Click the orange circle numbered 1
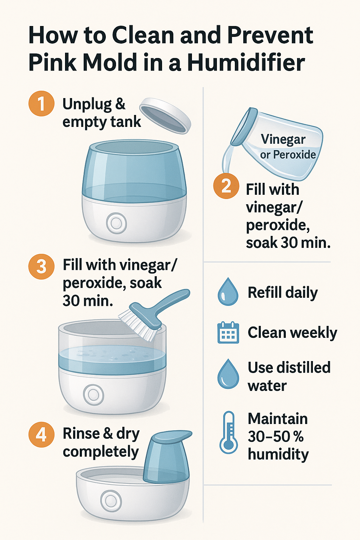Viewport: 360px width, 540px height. tap(41, 104)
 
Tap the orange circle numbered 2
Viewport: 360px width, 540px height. tap(226, 186)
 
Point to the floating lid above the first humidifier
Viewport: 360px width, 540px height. tap(165, 116)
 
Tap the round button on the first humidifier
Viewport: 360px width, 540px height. tap(116, 223)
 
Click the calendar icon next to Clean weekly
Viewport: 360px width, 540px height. tap(228, 333)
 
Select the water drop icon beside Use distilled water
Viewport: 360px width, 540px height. tap(228, 374)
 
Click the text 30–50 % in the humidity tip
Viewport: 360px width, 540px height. tap(276, 437)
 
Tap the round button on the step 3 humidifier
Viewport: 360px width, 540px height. tap(94, 394)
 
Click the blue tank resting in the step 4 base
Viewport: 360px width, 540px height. tap(167, 457)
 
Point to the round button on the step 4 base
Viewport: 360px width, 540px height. tap(111, 501)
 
